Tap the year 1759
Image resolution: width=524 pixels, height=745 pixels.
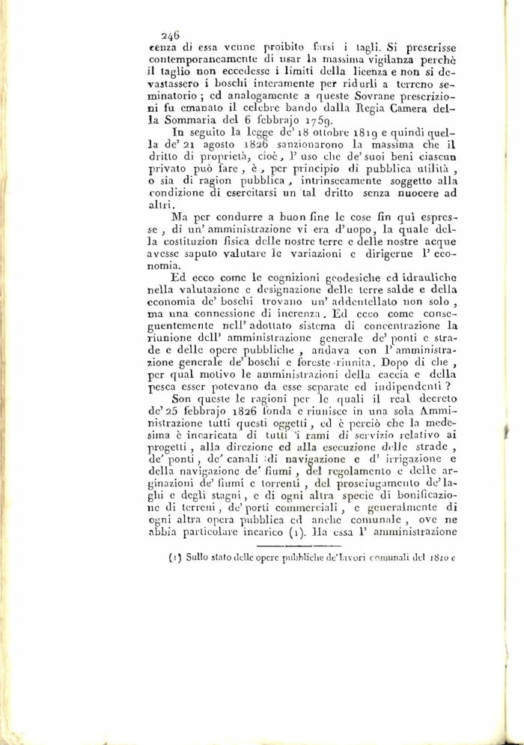pos(309,119)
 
